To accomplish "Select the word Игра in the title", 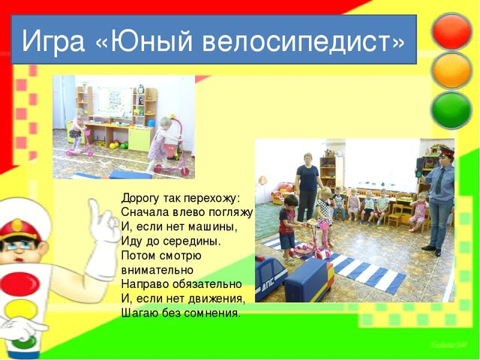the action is [53, 41].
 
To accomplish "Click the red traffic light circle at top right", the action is [451, 31].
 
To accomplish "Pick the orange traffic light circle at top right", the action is [451, 70].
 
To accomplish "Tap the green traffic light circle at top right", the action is [451, 109].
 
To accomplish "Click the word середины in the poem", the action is [192, 241].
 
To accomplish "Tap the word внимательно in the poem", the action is [157, 270].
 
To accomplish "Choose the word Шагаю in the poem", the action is [139, 313].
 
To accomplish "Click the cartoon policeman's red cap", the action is [19, 229].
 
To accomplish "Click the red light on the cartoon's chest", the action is [19, 283].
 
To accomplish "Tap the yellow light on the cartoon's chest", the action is [21, 308].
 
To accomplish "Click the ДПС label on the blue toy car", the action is [269, 286].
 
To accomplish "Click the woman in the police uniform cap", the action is [438, 200].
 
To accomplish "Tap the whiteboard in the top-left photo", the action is [115, 101].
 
